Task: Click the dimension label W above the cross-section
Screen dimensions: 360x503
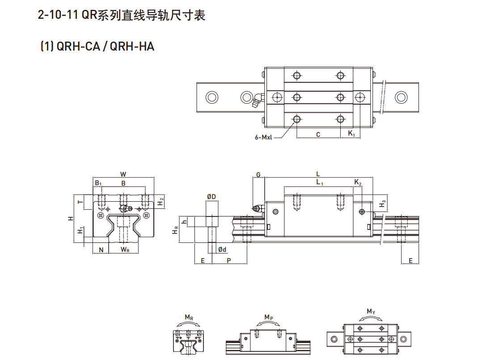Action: coord(123,174)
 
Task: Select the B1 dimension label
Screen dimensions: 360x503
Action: coord(98,183)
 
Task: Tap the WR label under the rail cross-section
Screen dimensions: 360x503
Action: coord(125,250)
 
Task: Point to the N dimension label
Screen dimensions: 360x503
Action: coord(101,250)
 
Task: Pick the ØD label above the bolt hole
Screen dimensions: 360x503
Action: coord(211,197)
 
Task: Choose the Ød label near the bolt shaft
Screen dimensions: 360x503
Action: coord(222,249)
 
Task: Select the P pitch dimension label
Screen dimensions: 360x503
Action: coord(229,260)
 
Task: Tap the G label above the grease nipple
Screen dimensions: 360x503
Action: coord(258,174)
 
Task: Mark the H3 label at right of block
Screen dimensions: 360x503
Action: coord(382,204)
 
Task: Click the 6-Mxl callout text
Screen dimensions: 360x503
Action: coord(264,138)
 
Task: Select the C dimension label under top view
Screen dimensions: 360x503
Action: coord(318,134)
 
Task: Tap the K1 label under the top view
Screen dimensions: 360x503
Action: coord(351,134)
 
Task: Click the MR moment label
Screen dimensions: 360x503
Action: coord(189,318)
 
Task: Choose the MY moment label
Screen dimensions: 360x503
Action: coord(371,311)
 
